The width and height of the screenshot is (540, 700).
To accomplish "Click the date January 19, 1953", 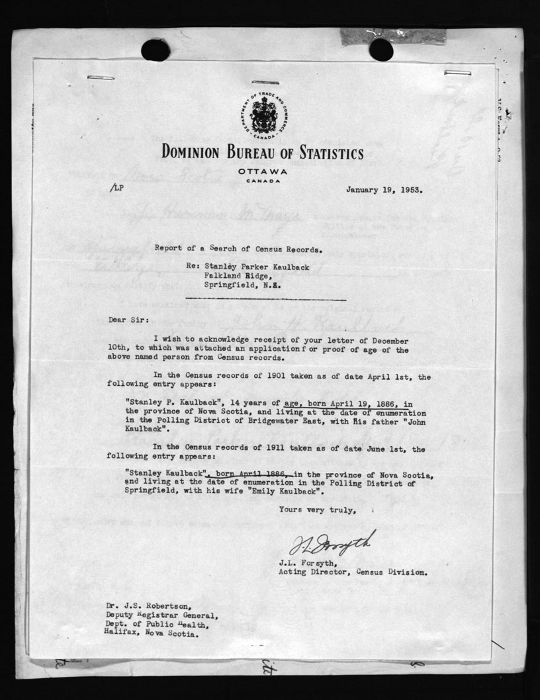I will [x=384, y=189].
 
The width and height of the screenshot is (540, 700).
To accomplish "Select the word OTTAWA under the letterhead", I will [x=261, y=171].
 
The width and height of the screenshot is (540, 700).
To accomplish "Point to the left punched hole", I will [x=156, y=50].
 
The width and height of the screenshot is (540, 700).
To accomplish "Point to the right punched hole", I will [x=381, y=50].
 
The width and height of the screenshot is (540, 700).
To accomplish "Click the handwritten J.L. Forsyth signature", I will [x=332, y=543].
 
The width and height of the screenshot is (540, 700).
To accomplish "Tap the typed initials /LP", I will [x=117, y=188].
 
